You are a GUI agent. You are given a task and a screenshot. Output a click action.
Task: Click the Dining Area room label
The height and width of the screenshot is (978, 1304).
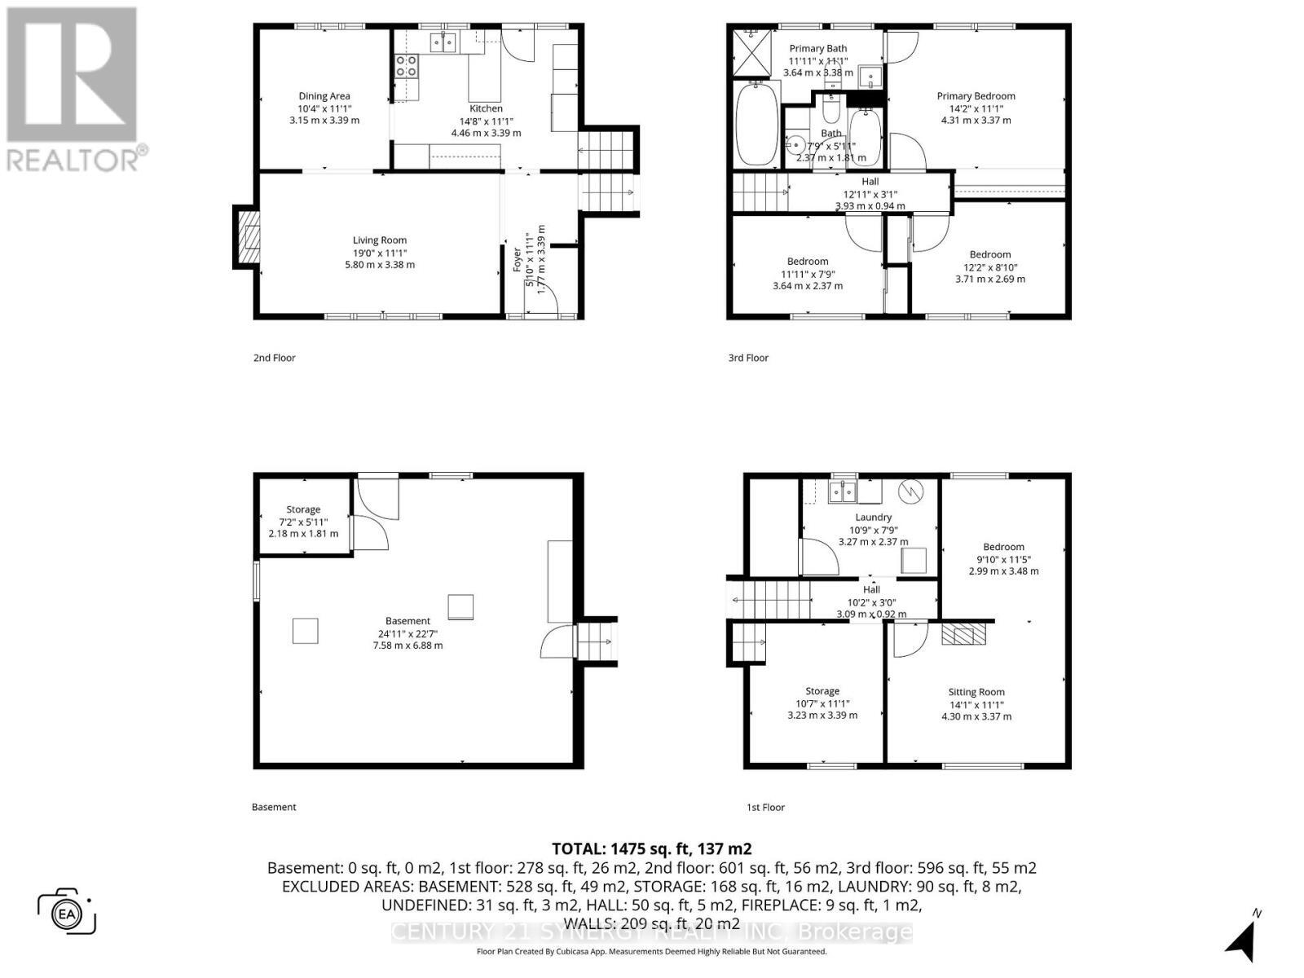324,96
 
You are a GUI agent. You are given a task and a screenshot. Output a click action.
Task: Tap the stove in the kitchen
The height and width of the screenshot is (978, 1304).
406,65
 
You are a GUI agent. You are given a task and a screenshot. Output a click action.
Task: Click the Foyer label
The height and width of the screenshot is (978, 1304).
517,260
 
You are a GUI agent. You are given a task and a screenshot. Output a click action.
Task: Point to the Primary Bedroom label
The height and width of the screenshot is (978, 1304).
976,96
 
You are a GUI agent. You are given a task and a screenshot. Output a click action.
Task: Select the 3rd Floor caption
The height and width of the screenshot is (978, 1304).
747,358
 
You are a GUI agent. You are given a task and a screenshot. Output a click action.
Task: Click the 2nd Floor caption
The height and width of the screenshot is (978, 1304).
274,358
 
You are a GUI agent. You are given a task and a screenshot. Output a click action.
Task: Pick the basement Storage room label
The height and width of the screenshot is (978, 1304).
303,510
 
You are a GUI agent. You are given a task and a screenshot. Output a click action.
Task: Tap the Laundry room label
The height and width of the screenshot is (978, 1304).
873,518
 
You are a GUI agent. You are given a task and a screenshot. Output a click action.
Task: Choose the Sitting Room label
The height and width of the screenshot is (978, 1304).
976,692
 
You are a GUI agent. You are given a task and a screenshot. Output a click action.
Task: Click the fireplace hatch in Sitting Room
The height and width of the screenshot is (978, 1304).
963,634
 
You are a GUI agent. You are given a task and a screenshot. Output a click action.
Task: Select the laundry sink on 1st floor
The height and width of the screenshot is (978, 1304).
842,491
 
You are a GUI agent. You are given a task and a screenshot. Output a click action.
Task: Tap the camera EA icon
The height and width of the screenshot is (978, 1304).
67,911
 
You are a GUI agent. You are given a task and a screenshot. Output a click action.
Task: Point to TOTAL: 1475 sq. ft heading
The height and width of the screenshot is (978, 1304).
651,848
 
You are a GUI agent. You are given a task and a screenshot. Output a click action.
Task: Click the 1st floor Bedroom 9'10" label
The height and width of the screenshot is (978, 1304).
1003,548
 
